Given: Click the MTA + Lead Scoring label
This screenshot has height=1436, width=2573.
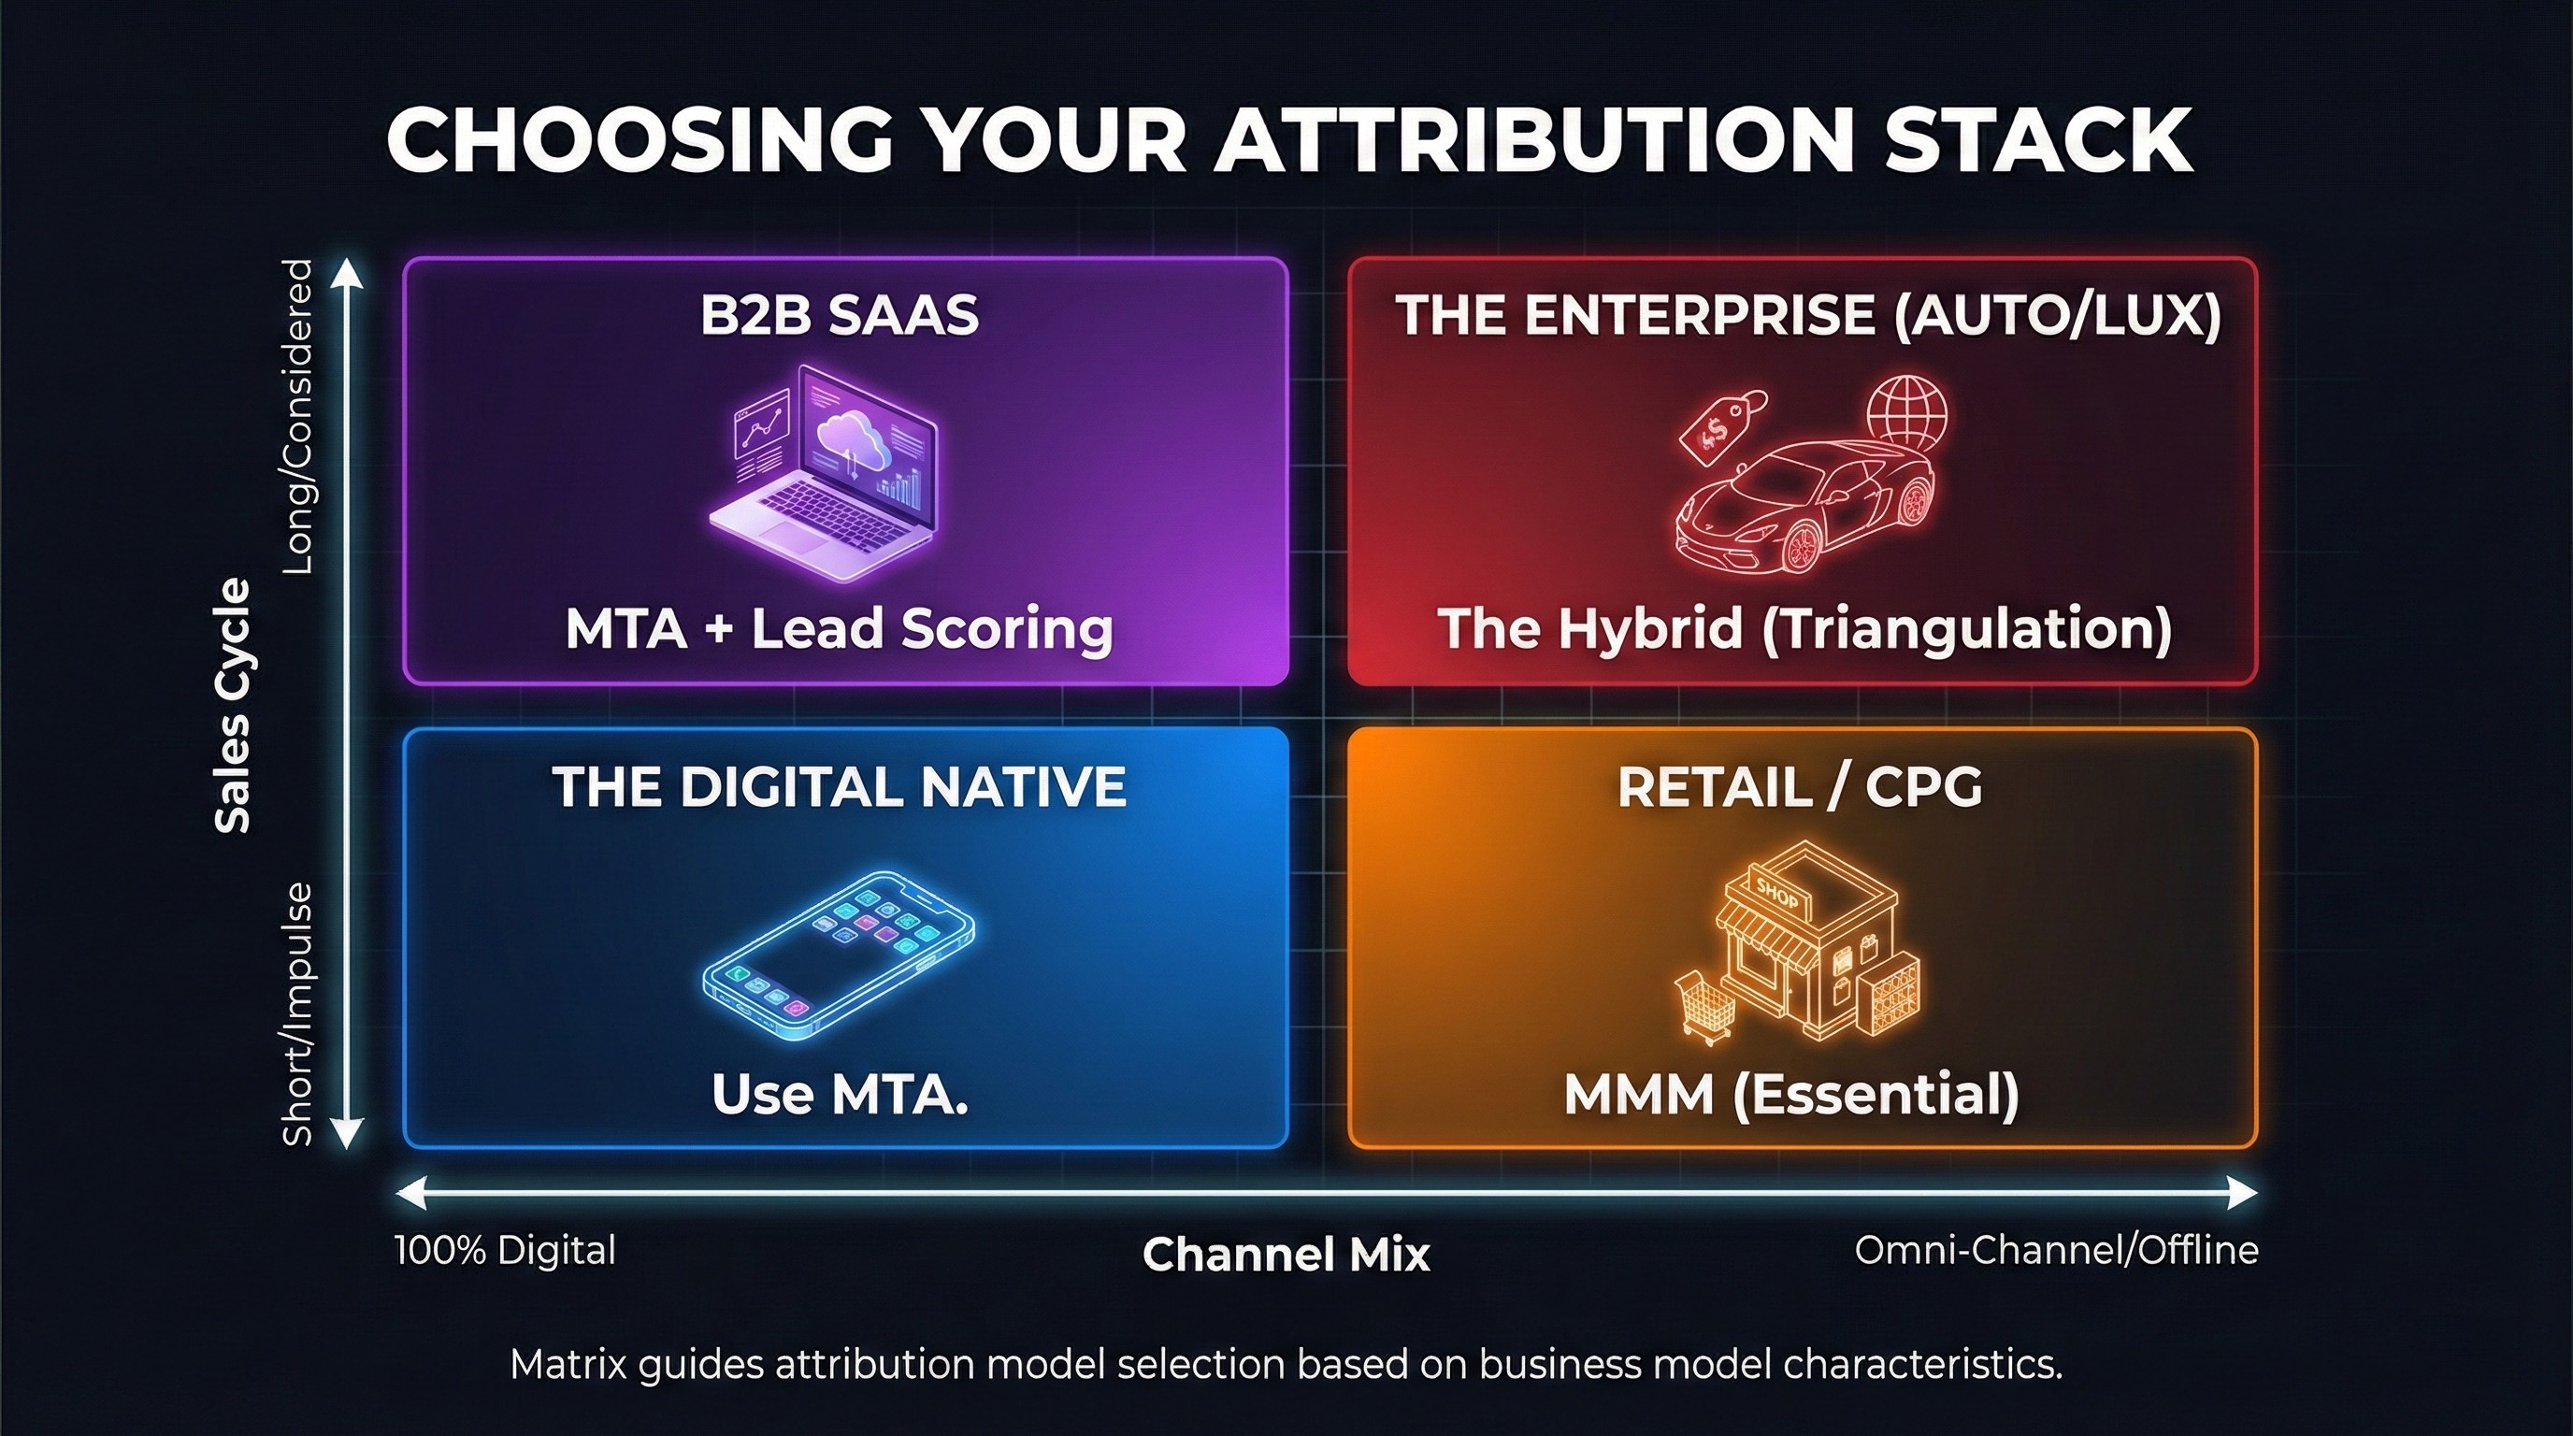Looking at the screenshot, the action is [x=839, y=629].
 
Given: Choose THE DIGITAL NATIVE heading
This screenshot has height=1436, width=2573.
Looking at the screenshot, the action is [x=839, y=786].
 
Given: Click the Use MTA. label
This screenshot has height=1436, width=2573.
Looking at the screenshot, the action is [x=840, y=1095].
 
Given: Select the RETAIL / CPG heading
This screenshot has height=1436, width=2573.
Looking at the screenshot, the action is [x=1800, y=787].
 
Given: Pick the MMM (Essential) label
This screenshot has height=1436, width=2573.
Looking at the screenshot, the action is [x=1791, y=1096].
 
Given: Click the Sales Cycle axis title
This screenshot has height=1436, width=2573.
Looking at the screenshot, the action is [x=233, y=705].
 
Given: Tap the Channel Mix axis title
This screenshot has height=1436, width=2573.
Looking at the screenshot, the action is [x=1286, y=1255].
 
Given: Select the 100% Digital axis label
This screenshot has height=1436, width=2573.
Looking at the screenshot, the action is [x=506, y=1250].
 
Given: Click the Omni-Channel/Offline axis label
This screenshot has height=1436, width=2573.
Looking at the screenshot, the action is [x=2057, y=1250].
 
